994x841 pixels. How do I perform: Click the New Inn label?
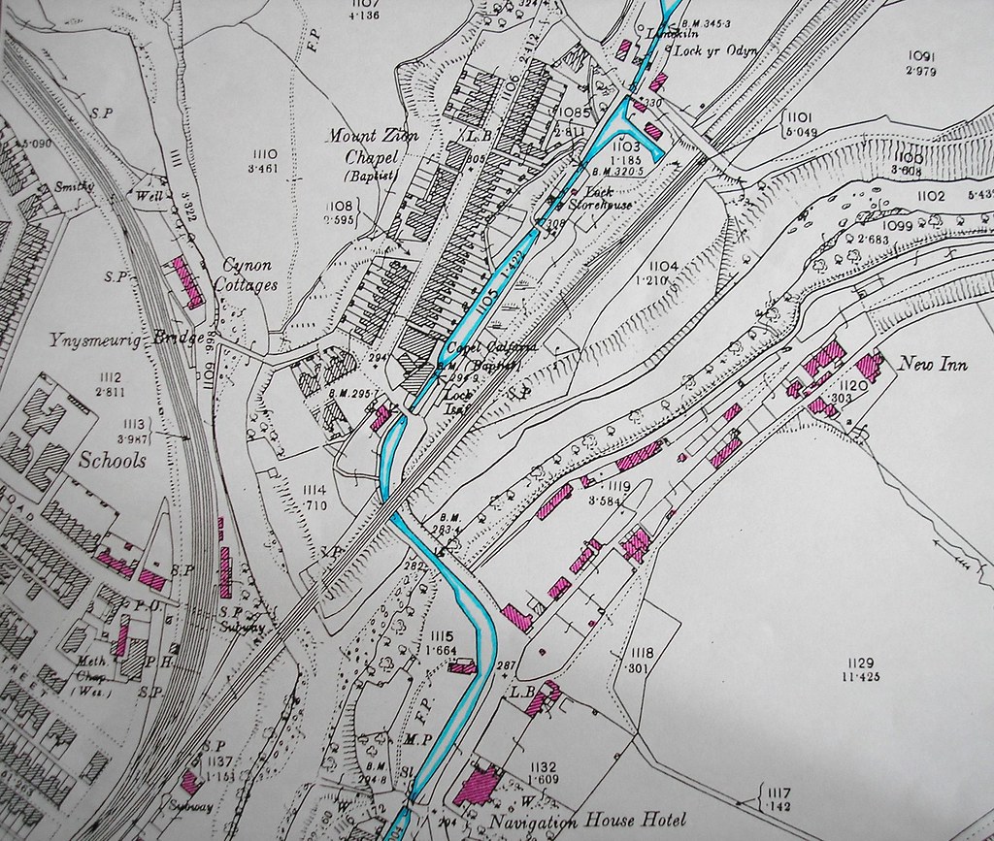[929, 365]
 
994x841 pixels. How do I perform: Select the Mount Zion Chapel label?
[373, 146]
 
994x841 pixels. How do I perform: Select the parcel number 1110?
[264, 153]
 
